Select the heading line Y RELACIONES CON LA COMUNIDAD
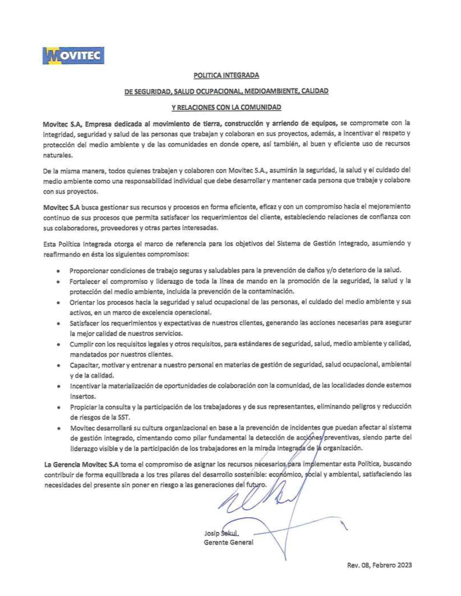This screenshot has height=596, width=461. coord(226,107)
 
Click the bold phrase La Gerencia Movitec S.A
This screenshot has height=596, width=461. coord(81,464)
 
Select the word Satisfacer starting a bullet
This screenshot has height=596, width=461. coord(83,323)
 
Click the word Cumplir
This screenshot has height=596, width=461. coord(80,344)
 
